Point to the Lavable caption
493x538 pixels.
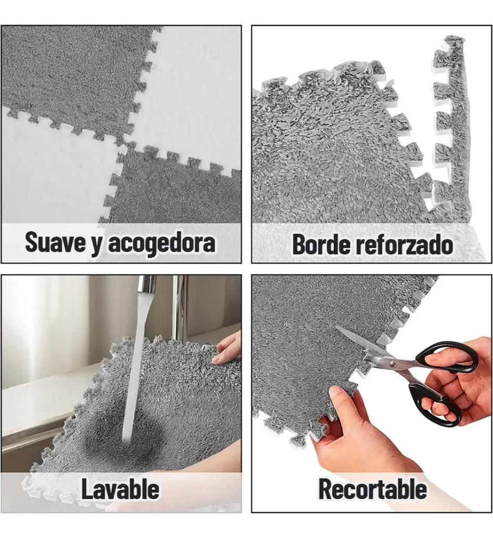point(120,489)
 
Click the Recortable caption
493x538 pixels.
point(372,489)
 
